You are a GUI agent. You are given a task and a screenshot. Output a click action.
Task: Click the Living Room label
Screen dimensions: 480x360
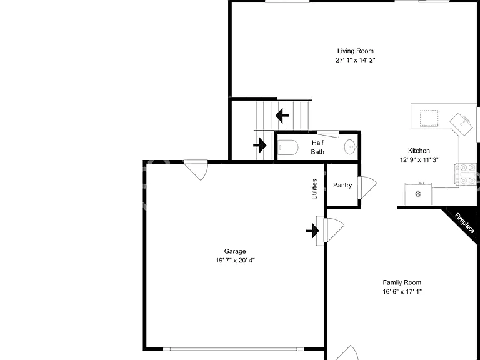356,51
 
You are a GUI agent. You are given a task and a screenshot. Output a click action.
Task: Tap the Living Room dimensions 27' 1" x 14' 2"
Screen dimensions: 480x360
356,60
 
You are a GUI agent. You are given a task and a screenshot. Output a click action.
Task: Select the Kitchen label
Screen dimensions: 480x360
419,151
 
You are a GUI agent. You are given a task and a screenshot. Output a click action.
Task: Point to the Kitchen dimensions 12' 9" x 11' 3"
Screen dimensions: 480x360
419,160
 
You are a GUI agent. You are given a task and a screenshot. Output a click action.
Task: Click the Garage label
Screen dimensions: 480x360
235,251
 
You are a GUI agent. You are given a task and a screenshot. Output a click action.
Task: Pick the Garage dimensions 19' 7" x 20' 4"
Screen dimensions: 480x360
235,261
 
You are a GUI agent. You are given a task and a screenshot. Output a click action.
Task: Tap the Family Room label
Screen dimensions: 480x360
402,282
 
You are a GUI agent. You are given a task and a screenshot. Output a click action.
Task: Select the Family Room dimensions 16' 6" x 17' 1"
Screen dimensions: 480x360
402,292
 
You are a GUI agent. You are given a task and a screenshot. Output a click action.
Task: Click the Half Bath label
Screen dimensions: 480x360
317,147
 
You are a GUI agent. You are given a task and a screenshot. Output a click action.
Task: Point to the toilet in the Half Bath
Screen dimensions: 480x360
287,147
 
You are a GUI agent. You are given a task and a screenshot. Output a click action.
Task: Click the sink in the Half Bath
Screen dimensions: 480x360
351,147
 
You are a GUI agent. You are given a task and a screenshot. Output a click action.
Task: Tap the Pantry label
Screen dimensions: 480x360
342,185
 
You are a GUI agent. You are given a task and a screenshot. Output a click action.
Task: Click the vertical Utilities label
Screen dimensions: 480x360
314,189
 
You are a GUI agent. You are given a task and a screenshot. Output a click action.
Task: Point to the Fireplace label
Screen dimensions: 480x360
465,223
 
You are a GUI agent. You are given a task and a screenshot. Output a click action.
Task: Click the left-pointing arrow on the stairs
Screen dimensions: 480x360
282,116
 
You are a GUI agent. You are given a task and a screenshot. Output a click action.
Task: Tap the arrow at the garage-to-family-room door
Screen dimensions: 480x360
312,231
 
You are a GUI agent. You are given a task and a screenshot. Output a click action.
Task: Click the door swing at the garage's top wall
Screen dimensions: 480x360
197,170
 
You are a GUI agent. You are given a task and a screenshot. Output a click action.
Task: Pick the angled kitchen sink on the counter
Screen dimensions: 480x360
461,124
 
